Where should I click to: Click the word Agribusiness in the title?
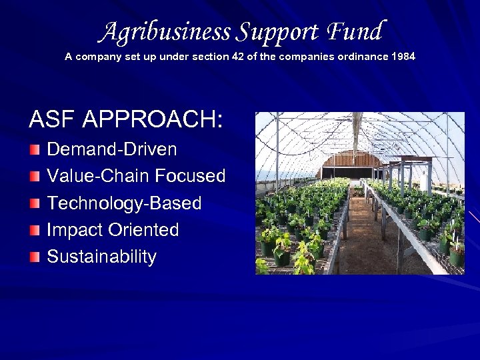click(x=166, y=31)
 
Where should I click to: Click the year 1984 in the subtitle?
click(x=403, y=57)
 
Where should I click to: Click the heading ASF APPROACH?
click(x=126, y=120)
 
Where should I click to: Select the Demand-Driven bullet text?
click(x=112, y=149)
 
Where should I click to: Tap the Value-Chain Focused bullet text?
click(x=136, y=176)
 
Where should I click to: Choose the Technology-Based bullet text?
click(x=124, y=203)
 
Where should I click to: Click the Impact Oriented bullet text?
click(x=113, y=230)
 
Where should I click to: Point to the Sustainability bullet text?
click(x=101, y=257)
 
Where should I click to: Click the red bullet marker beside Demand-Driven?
click(x=35, y=150)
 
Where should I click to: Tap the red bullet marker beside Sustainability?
click(x=35, y=257)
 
